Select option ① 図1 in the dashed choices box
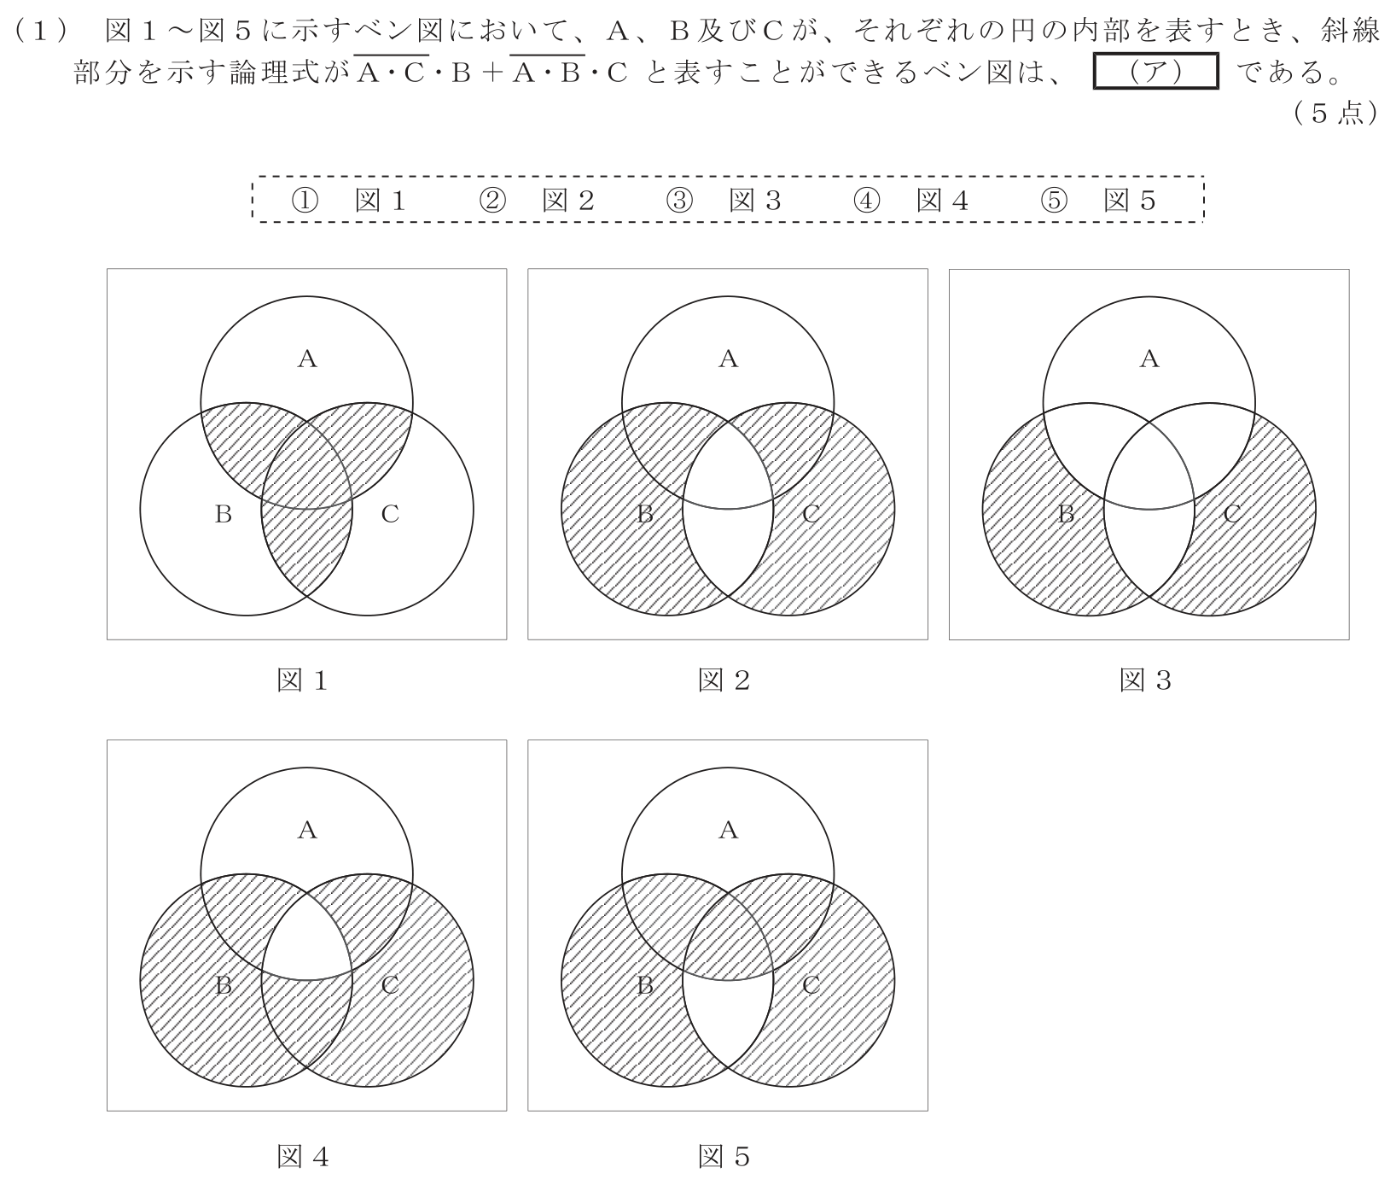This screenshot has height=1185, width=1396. [348, 200]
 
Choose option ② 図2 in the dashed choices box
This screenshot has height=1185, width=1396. [536, 200]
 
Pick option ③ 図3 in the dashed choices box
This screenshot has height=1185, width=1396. [723, 200]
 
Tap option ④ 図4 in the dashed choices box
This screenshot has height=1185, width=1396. [910, 200]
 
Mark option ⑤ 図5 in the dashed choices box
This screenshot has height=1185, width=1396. [1097, 200]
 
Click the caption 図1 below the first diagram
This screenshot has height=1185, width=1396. [302, 680]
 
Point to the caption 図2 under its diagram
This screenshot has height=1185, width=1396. [724, 680]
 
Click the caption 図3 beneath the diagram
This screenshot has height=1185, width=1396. [1145, 680]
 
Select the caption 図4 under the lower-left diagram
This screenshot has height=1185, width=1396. [302, 1157]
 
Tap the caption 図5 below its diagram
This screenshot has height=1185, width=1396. [724, 1157]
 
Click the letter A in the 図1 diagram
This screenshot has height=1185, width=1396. [307, 359]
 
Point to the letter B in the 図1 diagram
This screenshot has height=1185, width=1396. [224, 514]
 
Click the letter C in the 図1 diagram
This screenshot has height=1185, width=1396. [390, 514]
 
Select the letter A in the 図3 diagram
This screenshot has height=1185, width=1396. [1149, 359]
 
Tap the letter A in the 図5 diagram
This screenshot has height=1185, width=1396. [728, 830]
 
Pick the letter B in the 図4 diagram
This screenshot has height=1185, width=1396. [224, 985]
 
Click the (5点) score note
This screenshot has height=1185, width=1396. [1336, 114]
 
